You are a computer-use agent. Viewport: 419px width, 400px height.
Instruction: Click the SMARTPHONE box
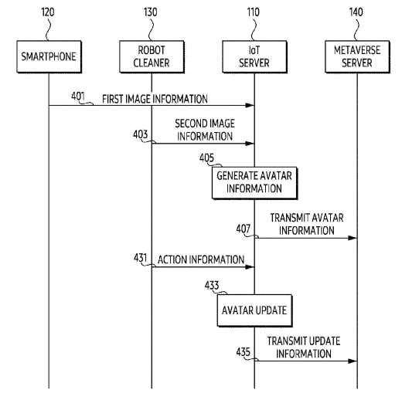(x=49, y=56)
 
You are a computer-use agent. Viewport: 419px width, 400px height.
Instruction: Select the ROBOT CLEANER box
(x=152, y=56)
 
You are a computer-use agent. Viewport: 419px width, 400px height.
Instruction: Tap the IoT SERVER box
(x=254, y=56)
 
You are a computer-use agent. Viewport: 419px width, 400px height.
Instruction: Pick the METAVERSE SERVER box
(x=357, y=56)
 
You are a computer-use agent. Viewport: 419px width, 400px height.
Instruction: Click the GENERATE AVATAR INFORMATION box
(x=254, y=183)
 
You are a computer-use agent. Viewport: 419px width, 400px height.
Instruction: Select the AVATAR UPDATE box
(x=254, y=310)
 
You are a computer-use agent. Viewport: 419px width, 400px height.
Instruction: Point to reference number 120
(x=48, y=12)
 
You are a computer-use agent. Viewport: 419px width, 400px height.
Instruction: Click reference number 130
(x=151, y=12)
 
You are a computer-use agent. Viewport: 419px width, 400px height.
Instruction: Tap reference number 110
(x=253, y=12)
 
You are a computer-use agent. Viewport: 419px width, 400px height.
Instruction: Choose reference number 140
(x=356, y=12)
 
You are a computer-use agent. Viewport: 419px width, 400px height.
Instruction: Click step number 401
(x=78, y=96)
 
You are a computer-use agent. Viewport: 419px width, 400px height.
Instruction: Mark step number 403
(x=140, y=134)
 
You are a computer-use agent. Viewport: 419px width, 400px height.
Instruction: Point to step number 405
(x=206, y=158)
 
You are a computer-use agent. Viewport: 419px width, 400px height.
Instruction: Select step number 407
(x=244, y=229)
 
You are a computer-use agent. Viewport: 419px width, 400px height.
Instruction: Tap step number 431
(x=140, y=258)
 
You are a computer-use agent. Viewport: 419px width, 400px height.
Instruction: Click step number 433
(x=212, y=285)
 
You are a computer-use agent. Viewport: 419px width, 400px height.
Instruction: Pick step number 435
(x=244, y=352)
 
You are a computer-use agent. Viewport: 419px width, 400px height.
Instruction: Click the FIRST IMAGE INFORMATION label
(x=155, y=99)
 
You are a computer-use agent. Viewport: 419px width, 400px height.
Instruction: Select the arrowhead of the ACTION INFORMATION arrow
(x=250, y=267)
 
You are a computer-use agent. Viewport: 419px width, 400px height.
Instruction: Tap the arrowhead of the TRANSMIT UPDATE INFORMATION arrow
(x=353, y=361)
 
